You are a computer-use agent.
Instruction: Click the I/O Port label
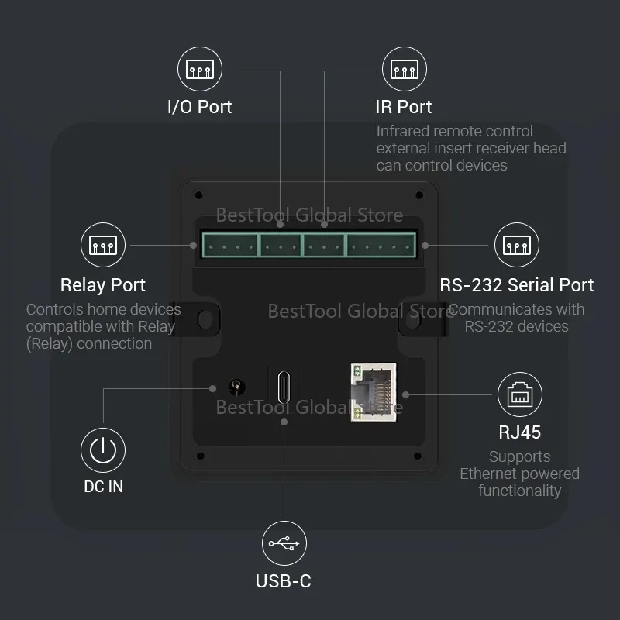(200, 107)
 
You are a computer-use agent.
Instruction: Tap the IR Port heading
(404, 107)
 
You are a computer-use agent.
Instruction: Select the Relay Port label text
(103, 285)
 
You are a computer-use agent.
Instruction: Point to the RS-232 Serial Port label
(516, 285)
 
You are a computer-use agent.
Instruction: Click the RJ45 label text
(519, 432)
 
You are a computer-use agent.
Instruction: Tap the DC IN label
(103, 487)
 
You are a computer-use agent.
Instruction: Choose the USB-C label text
(284, 580)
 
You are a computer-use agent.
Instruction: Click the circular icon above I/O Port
(200, 70)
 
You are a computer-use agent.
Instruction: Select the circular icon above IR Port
(404, 70)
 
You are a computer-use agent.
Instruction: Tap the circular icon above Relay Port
(103, 246)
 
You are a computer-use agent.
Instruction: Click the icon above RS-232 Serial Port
(517, 246)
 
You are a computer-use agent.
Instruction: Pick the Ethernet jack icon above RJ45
(519, 394)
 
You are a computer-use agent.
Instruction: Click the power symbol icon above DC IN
(103, 449)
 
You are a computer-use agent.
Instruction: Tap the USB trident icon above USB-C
(284, 543)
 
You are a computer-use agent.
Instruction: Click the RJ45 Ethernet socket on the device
(373, 392)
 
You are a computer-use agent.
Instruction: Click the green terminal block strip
(308, 246)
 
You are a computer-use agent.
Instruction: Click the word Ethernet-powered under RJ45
(519, 474)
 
